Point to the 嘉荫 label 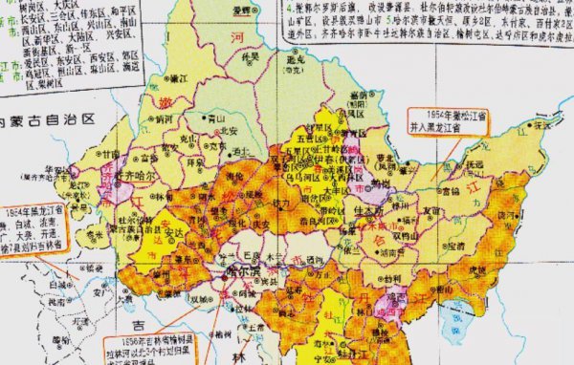[359, 97]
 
